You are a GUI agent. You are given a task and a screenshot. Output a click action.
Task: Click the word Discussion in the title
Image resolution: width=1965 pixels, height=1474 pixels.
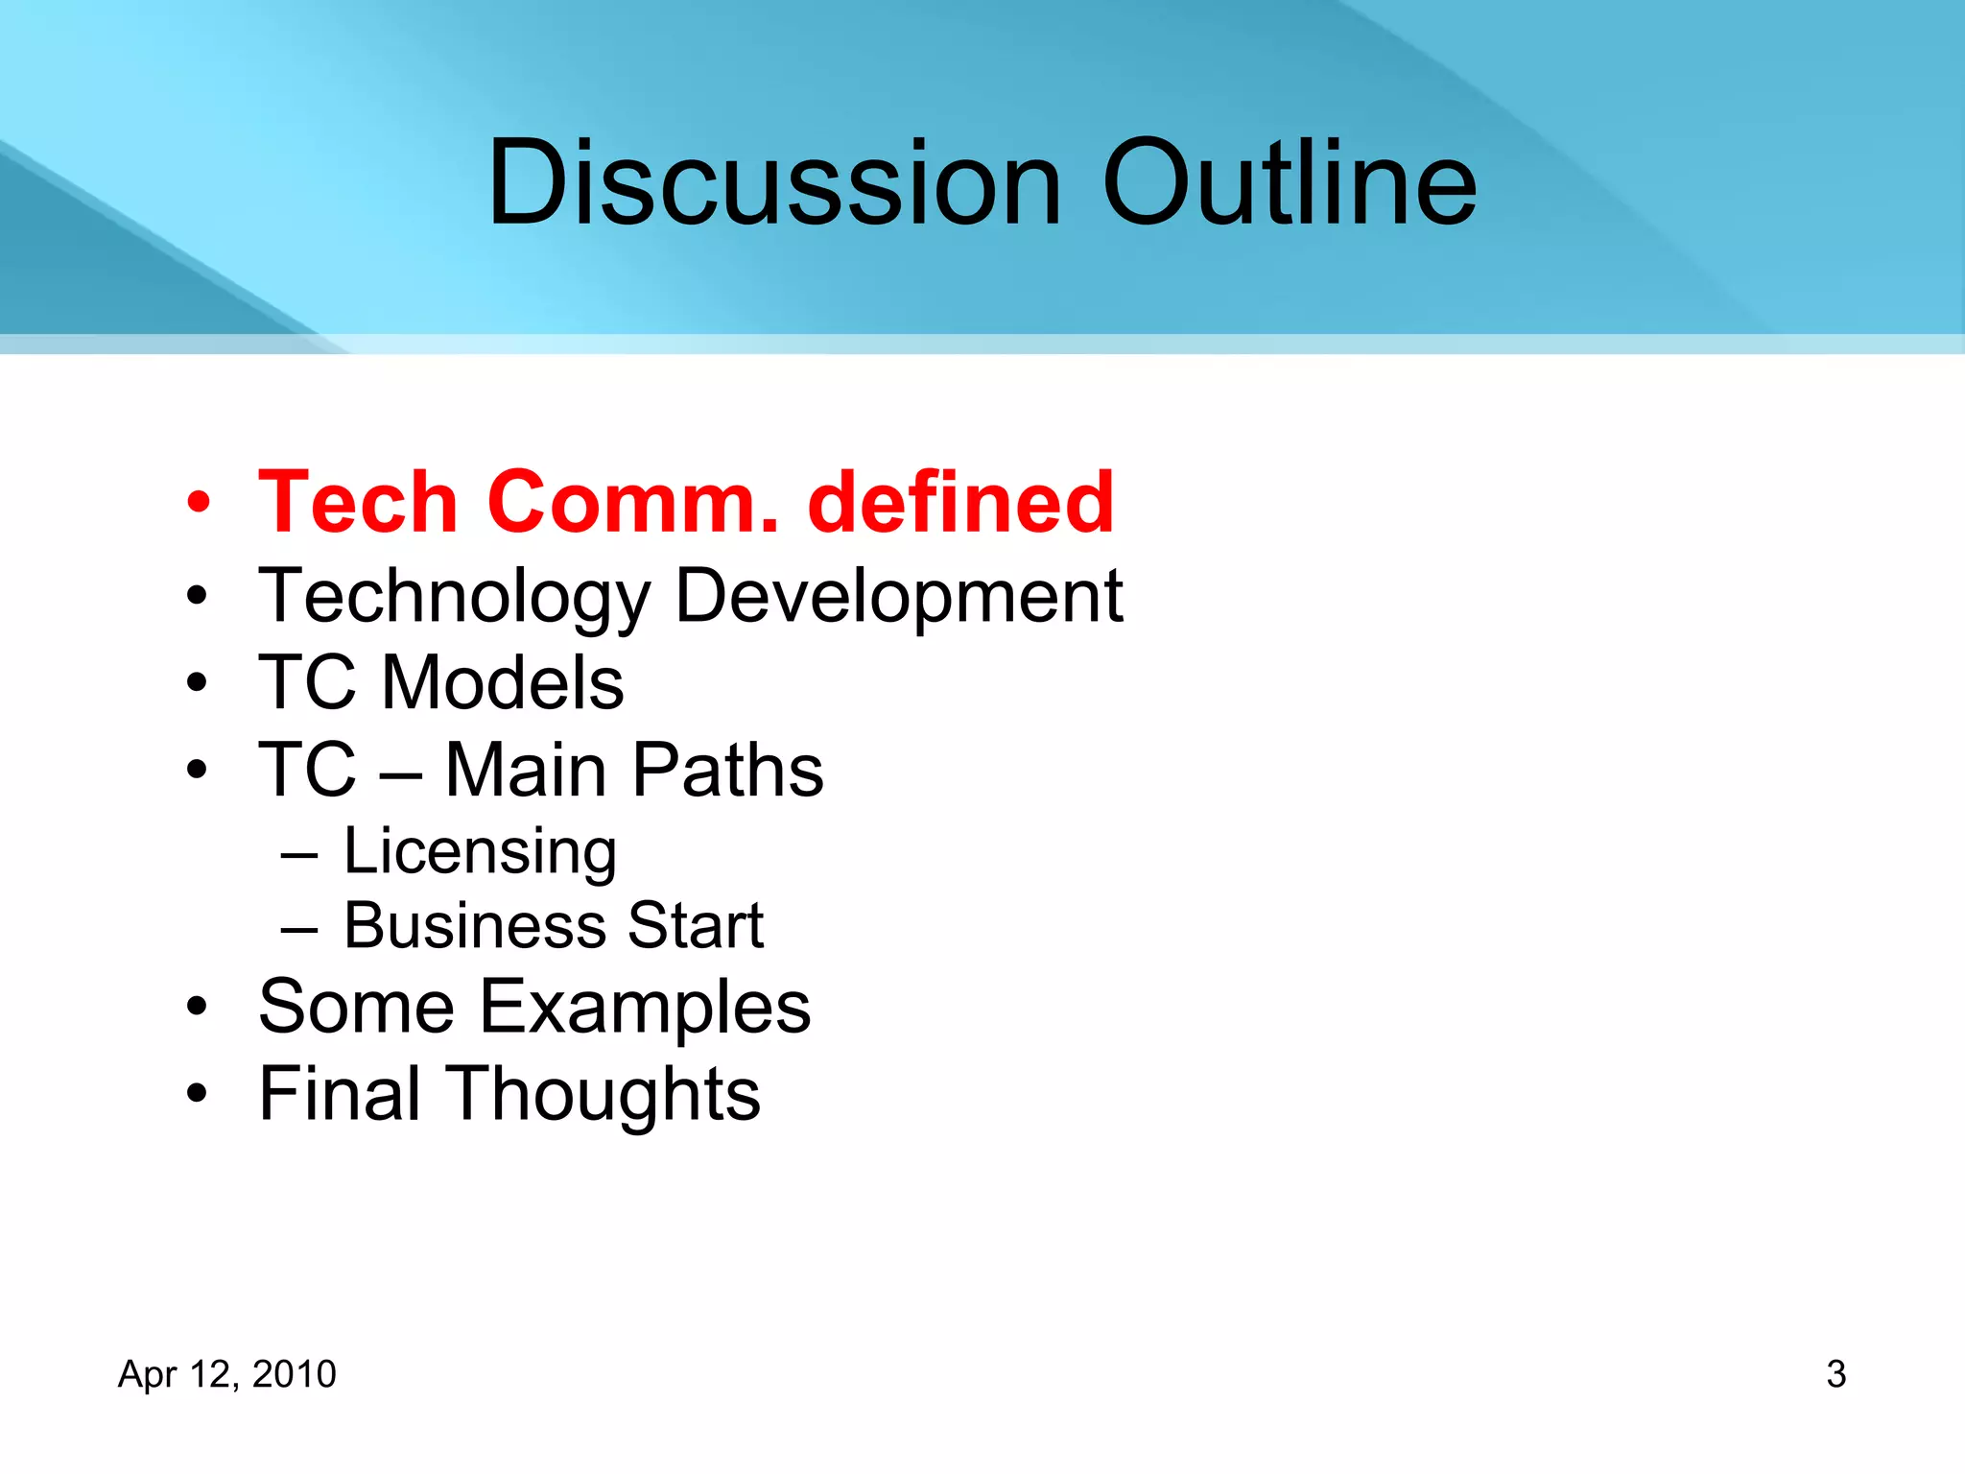(x=775, y=182)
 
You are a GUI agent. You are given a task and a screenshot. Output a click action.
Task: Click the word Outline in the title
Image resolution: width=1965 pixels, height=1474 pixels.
(x=1290, y=182)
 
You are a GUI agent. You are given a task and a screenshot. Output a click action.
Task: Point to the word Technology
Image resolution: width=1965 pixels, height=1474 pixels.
(x=455, y=597)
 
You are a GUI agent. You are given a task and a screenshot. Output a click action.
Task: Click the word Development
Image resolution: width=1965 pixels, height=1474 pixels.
(x=899, y=597)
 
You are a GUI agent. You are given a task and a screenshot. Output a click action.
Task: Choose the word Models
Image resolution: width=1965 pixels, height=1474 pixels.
(x=503, y=682)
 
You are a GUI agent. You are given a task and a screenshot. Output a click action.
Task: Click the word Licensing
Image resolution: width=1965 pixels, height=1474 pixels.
(x=480, y=851)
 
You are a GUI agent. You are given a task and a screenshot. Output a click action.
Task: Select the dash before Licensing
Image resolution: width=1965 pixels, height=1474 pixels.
(x=299, y=853)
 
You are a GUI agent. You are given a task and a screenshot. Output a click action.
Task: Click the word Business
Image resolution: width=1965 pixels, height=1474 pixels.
(x=474, y=926)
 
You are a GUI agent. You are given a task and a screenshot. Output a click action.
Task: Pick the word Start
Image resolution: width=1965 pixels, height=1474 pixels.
(x=696, y=926)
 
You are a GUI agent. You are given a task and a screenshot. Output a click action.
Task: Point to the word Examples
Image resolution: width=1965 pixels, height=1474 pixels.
(x=644, y=1007)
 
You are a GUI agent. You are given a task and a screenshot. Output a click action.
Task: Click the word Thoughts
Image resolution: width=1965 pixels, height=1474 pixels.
(x=606, y=1094)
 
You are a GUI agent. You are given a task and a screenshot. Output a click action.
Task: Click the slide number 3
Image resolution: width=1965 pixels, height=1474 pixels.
(x=1835, y=1374)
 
